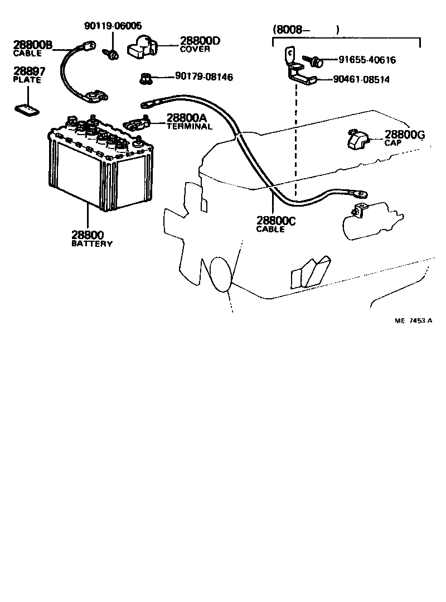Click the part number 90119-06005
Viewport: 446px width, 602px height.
[113, 26]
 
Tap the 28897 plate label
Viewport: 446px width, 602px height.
[29, 75]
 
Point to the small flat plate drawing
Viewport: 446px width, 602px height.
[27, 109]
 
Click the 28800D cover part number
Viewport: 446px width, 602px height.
[200, 45]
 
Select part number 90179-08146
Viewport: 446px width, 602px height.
[203, 77]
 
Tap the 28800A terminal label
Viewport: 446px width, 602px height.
[189, 122]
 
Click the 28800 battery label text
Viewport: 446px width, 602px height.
[91, 239]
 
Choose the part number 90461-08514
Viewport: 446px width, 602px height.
[361, 79]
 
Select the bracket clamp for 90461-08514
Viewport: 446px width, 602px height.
[299, 70]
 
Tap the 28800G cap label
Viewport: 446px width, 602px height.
[404, 138]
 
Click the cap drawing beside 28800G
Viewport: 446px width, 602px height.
[357, 140]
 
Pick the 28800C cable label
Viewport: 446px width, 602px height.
[275, 224]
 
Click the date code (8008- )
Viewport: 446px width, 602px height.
[305, 29]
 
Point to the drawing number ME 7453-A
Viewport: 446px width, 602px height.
[413, 321]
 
